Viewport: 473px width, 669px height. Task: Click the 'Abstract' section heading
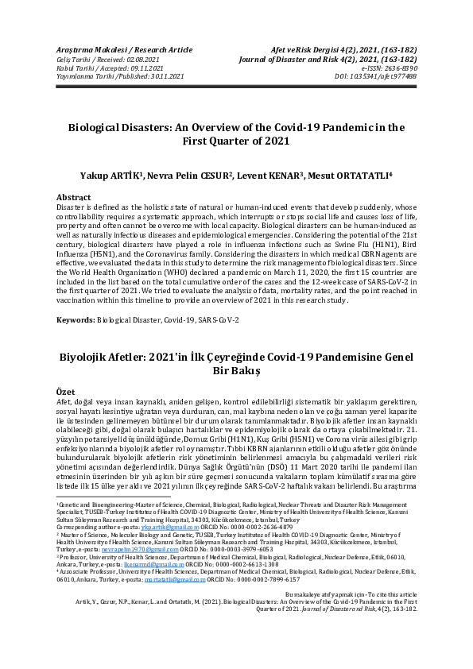click(x=72, y=196)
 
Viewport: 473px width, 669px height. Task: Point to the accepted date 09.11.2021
click(x=161, y=68)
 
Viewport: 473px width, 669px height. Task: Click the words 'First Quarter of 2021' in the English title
click(x=236, y=141)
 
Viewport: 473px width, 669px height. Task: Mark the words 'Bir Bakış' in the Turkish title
click(x=236, y=371)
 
